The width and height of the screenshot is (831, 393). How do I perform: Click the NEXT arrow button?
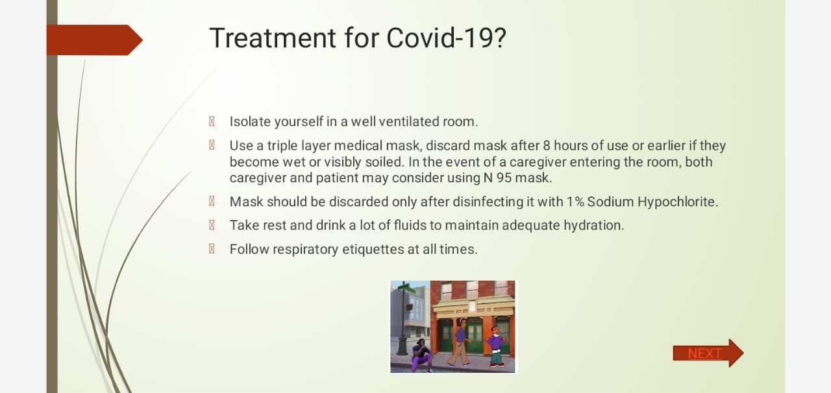[x=708, y=353]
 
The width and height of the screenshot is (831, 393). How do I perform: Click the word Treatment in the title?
[x=273, y=38]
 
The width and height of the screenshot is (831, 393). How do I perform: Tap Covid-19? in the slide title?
[x=446, y=38]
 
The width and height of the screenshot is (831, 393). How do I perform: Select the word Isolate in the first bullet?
[x=250, y=122]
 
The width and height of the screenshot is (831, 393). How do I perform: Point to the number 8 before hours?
[x=547, y=146]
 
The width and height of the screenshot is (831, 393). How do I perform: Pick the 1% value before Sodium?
[x=575, y=202]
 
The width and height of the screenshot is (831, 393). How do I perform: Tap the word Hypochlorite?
[x=678, y=202]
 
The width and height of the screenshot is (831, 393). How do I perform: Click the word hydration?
[x=594, y=226]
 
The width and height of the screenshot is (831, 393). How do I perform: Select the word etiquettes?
[x=373, y=250]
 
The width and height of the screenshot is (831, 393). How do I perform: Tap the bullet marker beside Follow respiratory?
[x=212, y=248]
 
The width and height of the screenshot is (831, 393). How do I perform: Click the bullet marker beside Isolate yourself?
[x=212, y=121]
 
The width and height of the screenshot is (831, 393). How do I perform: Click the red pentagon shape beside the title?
[x=95, y=40]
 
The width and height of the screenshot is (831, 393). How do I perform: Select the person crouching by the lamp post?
[x=421, y=355]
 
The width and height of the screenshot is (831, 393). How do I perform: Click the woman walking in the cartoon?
[x=459, y=342]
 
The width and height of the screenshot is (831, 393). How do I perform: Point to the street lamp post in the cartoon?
[x=403, y=318]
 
